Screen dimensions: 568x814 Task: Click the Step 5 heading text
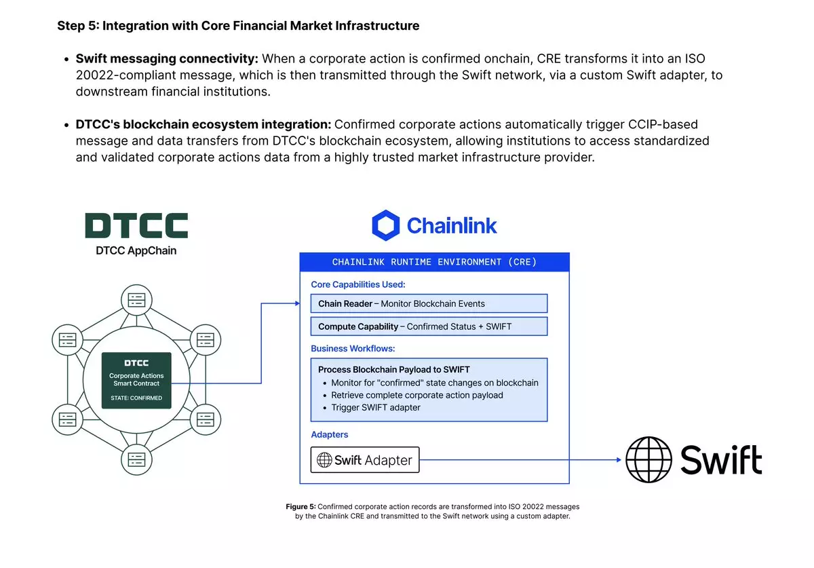click(x=238, y=26)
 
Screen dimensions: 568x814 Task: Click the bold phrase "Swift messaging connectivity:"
click(x=167, y=59)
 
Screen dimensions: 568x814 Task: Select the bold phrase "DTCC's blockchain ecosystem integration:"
click(x=203, y=124)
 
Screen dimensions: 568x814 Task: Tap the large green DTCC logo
click(x=136, y=225)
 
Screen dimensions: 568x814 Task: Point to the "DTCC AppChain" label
click(x=136, y=250)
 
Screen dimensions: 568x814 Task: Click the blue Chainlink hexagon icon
click(x=386, y=225)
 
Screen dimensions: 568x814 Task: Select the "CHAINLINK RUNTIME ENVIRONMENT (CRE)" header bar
click(x=434, y=262)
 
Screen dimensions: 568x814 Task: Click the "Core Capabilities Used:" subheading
click(x=358, y=284)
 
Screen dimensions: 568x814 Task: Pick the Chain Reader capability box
click(x=429, y=303)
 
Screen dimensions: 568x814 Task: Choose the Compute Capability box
click(x=429, y=326)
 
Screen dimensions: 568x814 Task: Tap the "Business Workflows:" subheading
click(x=353, y=348)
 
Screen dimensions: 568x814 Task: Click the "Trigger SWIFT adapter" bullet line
click(x=376, y=407)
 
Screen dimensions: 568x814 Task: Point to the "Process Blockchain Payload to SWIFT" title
click(x=394, y=370)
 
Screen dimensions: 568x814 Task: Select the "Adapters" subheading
click(x=330, y=434)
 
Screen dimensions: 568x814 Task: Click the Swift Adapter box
click(x=365, y=460)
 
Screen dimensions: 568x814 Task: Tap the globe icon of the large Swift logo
click(x=649, y=459)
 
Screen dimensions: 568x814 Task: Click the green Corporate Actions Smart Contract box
click(x=136, y=381)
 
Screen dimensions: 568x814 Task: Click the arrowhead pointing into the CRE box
click(x=296, y=303)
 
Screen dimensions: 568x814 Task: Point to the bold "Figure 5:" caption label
click(x=301, y=507)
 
